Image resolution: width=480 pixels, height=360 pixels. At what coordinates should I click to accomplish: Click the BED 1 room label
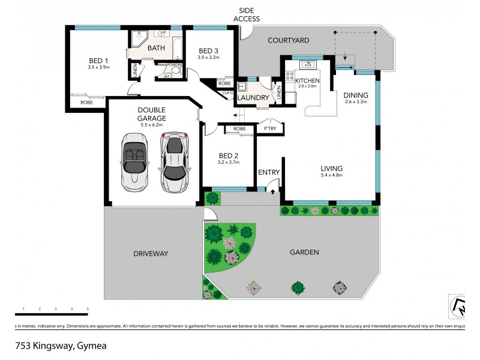point(98,60)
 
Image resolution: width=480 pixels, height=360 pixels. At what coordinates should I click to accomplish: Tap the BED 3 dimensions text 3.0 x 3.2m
point(209,58)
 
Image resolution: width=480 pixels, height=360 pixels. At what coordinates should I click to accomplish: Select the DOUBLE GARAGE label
point(152,114)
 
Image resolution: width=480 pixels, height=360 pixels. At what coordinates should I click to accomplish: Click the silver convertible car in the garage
point(133,160)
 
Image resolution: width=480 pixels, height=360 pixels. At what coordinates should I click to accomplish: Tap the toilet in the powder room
point(175,71)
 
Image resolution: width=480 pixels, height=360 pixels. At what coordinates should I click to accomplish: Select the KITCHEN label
point(308,80)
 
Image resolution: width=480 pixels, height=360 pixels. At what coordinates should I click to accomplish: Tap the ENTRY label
point(269,172)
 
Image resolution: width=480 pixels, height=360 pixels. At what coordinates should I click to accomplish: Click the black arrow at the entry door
point(274,191)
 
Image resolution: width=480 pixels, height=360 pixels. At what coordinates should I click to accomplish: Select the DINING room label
point(356,95)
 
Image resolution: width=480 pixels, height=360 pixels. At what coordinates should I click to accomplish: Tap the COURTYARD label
point(288,40)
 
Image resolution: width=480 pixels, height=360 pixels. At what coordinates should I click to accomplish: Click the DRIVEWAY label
point(151,254)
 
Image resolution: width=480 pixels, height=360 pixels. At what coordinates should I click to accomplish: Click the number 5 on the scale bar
point(88,308)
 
